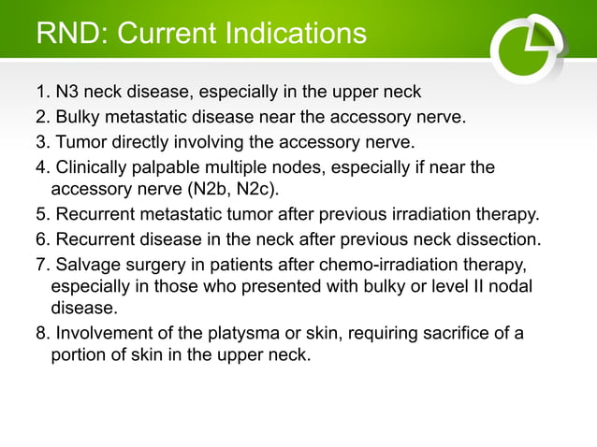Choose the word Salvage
tap(87, 264)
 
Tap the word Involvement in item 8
tap(100, 334)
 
